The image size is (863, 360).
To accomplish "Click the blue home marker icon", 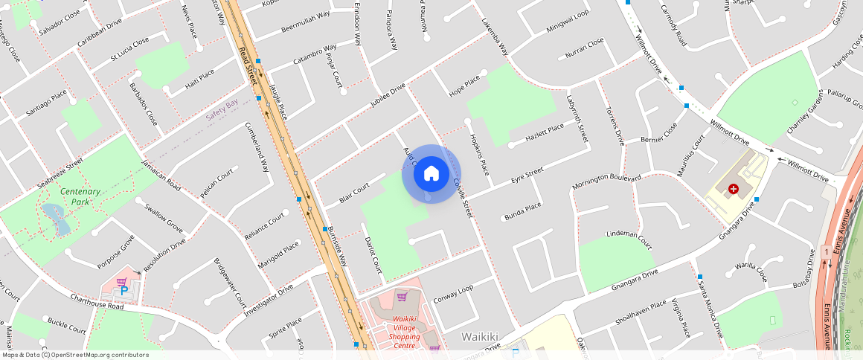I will (431, 174).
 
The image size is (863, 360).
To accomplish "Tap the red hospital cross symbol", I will (734, 190).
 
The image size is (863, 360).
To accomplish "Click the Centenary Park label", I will (81, 196).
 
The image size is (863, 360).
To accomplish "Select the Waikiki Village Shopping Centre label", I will (405, 330).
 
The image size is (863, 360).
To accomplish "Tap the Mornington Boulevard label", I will (606, 181).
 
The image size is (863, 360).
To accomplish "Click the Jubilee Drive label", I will (388, 97).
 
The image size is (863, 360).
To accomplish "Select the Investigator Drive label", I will (269, 299).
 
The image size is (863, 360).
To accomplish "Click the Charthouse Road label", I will (97, 301).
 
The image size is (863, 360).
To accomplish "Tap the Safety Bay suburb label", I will (222, 110).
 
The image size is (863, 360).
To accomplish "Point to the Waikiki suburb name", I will (479, 336).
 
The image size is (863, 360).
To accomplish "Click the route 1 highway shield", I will (827, 254).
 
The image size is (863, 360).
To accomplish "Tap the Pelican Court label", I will (216, 183).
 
